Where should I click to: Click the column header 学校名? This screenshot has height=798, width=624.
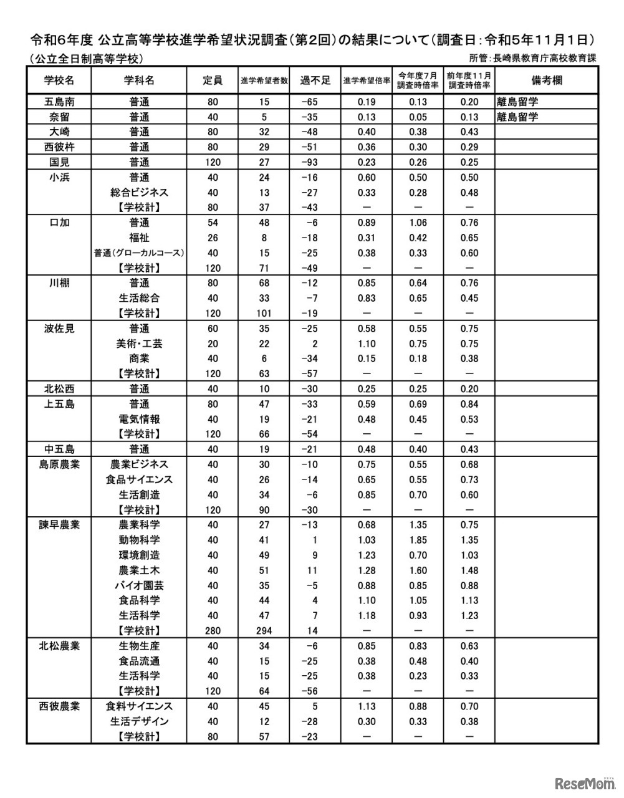pyautogui.click(x=59, y=80)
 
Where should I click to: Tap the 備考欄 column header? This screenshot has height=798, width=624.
pyautogui.click(x=546, y=80)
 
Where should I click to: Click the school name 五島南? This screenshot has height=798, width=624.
pyautogui.click(x=59, y=102)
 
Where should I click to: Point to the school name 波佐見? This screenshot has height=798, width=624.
pyautogui.click(x=59, y=329)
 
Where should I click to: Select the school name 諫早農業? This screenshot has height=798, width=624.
pyautogui.click(x=59, y=525)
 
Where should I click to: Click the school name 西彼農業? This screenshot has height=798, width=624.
pyautogui.click(x=59, y=706)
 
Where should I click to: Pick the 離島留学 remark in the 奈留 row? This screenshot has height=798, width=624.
pyautogui.click(x=517, y=117)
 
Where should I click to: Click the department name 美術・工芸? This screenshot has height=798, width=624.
pyautogui.click(x=139, y=344)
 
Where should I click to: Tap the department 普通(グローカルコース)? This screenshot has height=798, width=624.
pyautogui.click(x=138, y=253)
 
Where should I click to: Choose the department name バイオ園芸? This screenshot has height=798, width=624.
pyautogui.click(x=139, y=585)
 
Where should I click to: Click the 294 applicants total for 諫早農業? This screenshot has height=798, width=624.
pyautogui.click(x=264, y=630)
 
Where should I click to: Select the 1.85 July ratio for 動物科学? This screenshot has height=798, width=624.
pyautogui.click(x=418, y=540)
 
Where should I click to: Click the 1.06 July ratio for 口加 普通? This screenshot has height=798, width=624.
pyautogui.click(x=418, y=223)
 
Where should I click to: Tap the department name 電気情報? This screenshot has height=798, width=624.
pyautogui.click(x=139, y=419)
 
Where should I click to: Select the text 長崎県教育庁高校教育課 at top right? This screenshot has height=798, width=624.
pyautogui.click(x=545, y=59)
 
